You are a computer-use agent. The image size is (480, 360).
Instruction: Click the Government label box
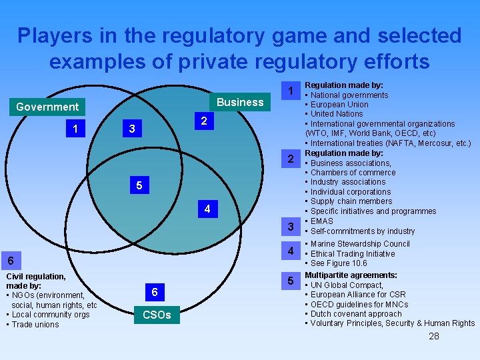tap(47, 107)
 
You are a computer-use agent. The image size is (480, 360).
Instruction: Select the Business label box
tap(240, 102)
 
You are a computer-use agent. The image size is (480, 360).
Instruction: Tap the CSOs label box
tap(156, 315)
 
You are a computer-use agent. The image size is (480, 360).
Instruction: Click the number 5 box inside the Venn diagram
tap(139, 185)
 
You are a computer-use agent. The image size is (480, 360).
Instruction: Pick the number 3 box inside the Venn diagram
tap(132, 129)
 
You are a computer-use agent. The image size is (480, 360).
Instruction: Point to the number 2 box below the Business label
tap(204, 121)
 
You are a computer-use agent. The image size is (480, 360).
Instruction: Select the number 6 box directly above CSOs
tap(155, 292)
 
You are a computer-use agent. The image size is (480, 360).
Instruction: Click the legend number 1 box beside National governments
tap(290, 91)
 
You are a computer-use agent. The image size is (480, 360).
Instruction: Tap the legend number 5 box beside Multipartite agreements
tap(290, 281)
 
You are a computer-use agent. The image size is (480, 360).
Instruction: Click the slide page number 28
tap(434, 336)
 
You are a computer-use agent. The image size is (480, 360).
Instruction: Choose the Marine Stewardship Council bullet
tap(359, 244)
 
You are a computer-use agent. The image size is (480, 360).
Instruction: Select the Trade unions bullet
tap(35, 325)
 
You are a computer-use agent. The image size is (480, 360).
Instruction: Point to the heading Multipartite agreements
tap(351, 275)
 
